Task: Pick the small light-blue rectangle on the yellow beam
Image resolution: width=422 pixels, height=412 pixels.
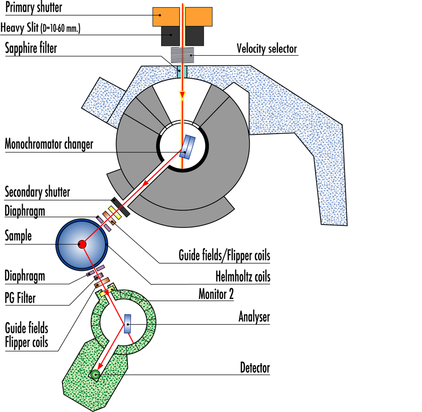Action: coord(182,72)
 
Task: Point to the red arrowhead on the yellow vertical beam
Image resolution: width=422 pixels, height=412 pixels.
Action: coord(182,95)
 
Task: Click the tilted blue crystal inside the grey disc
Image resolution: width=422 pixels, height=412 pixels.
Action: coord(187,147)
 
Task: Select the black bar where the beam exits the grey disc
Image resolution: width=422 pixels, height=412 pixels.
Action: coord(121,206)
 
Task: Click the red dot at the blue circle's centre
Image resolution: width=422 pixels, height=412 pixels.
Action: coord(82,244)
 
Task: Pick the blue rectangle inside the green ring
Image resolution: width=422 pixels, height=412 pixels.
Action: coord(128,324)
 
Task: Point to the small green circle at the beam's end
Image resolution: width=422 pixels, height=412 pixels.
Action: coord(95,374)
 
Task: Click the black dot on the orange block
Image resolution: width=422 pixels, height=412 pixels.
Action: coord(160,15)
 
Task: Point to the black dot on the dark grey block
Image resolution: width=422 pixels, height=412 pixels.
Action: coord(170,35)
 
